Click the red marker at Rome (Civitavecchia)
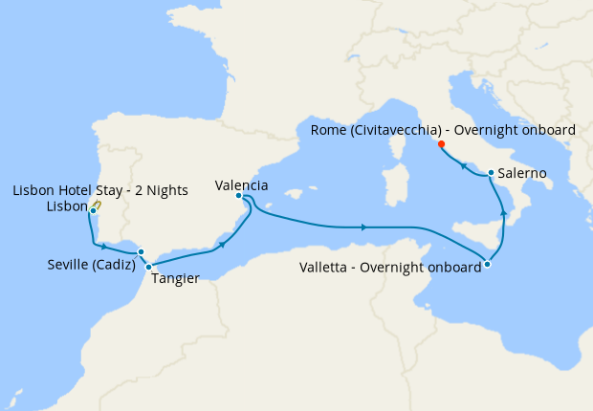coord(441,144)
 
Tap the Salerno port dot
coord(491,173)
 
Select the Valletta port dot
coord(488,264)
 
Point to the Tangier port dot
coord(149,267)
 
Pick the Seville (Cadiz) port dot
coord(141,252)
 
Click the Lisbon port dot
coord(93,210)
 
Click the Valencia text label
coord(241,184)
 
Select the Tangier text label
coord(175,280)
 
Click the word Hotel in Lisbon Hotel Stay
coord(74,190)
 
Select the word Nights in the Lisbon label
coord(165,190)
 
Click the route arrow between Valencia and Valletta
coord(364,227)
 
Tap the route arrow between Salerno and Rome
coord(463,166)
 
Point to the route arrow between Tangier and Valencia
coord(223,244)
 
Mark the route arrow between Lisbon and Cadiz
coord(103,246)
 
